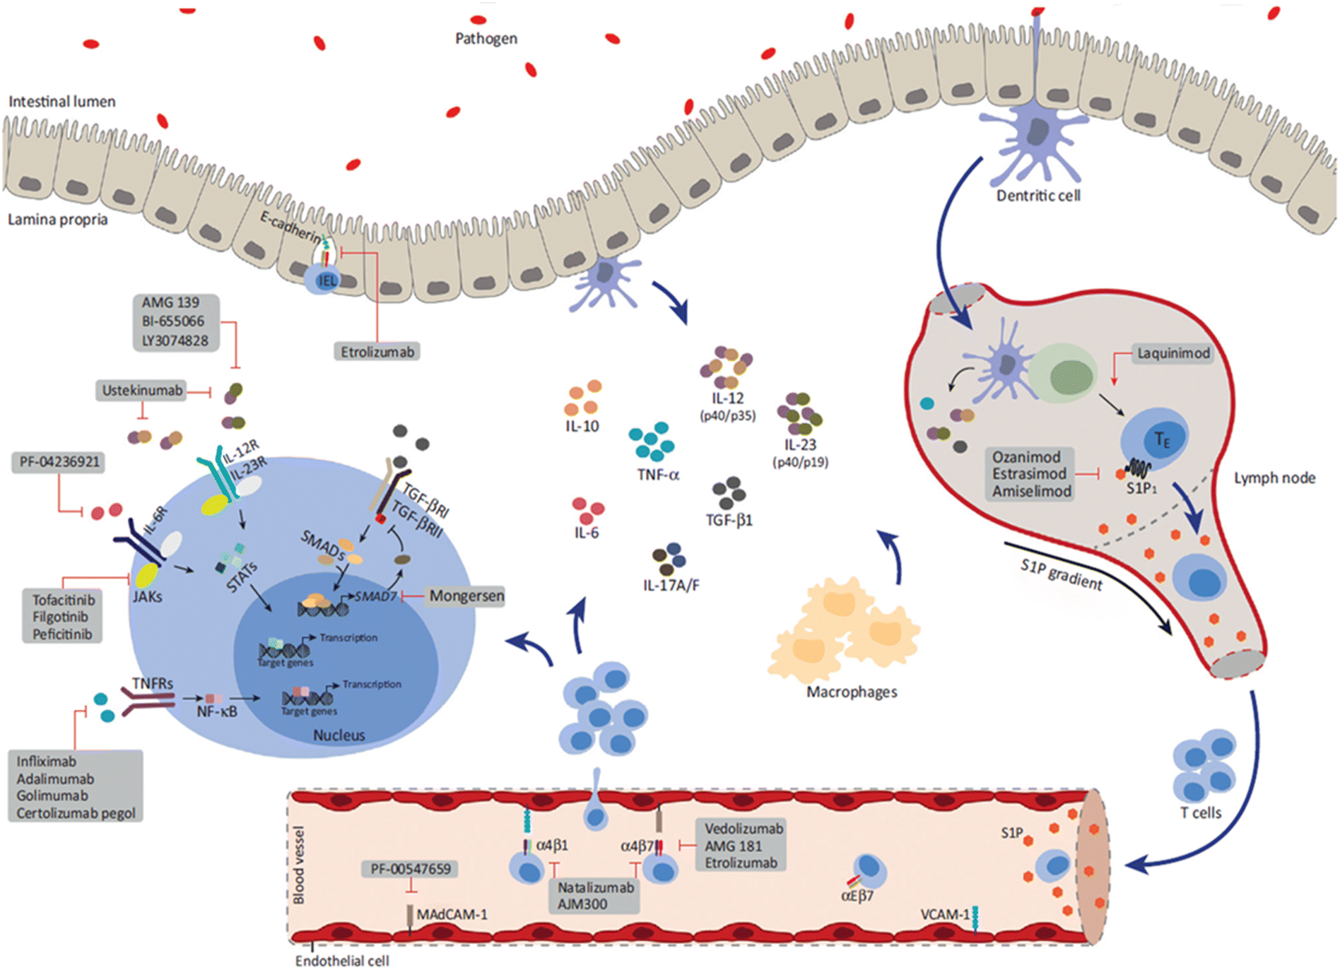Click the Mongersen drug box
point(466,596)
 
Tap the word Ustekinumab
point(142,390)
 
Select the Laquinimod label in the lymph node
point(1172,353)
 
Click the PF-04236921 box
point(59,462)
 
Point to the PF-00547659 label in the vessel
point(410,868)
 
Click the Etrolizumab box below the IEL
point(377,351)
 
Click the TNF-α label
point(657,475)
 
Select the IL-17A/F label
point(671,585)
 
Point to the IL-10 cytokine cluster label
point(582,426)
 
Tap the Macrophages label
point(852,692)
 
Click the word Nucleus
point(339,735)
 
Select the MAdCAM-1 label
point(452,914)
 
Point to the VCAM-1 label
point(944,914)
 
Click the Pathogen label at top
point(486,38)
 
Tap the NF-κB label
point(216,711)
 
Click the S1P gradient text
point(1061,574)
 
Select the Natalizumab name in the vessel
point(595,887)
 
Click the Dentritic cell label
point(1038,195)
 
